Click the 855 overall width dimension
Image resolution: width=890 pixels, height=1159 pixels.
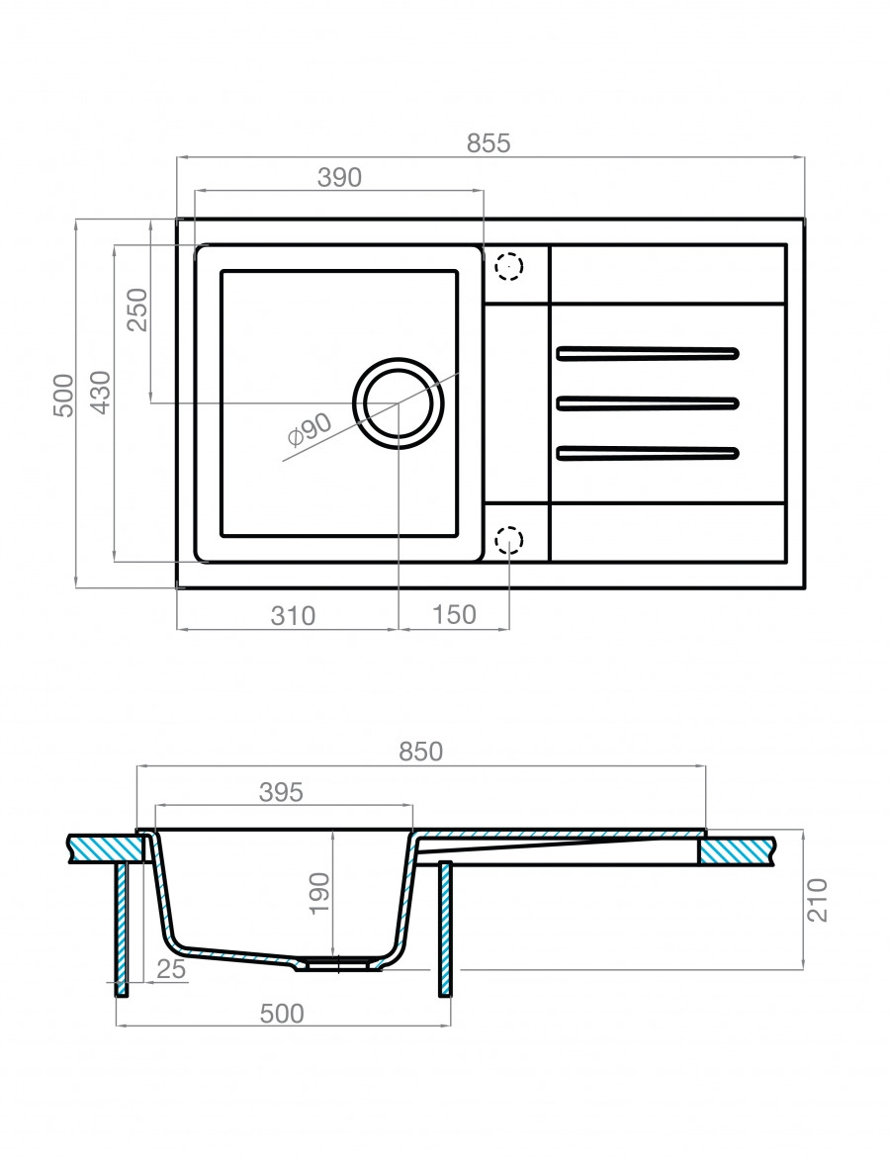489,142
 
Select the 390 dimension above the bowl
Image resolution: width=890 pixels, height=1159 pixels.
339,178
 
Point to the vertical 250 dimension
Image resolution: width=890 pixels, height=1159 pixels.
136,311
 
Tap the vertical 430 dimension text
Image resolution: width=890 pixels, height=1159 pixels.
100,393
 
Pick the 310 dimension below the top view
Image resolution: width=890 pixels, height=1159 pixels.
292,615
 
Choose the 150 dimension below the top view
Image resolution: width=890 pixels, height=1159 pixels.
455,615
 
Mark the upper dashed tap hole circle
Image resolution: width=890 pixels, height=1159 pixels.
508,266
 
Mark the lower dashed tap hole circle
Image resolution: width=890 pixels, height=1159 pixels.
508,541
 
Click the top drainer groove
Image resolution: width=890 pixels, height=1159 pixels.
648,351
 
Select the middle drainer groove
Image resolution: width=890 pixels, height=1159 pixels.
648,401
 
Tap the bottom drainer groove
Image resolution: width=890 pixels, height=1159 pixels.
648,453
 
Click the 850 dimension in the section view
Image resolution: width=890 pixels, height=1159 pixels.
420,752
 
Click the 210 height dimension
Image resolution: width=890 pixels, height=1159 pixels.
819,898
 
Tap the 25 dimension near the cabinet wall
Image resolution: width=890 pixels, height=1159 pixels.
170,970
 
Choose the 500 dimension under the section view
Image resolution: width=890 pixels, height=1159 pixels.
283,1013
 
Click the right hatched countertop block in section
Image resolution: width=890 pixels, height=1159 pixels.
737,850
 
